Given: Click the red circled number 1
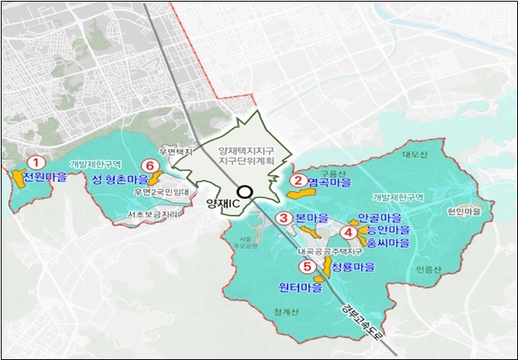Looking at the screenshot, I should click(34, 164).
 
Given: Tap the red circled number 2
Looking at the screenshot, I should click(300, 181).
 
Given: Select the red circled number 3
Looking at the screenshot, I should click(283, 218).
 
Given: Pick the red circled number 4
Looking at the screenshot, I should click(347, 232).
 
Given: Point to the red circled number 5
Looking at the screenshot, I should click(307, 267).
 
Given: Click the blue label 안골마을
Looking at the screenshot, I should click(380, 218).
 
